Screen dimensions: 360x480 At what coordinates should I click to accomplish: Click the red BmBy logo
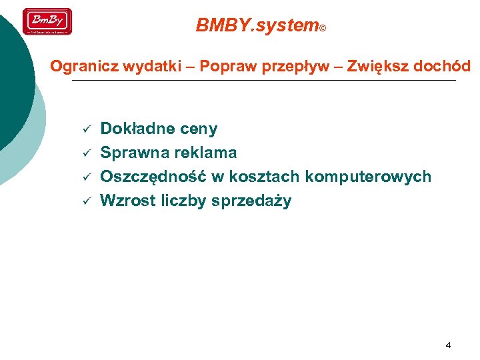pyautogui.click(x=47, y=21)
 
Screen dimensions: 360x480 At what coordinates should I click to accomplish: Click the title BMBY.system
pyautogui.click(x=257, y=25)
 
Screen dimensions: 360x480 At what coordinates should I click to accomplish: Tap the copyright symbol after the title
pyautogui.click(x=323, y=29)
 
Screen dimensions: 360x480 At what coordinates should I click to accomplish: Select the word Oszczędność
pyautogui.click(x=153, y=177)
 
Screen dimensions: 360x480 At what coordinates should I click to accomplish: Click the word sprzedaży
pyautogui.click(x=251, y=201)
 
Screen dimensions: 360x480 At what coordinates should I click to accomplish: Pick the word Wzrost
pyautogui.click(x=128, y=201)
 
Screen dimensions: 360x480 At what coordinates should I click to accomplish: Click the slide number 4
pyautogui.click(x=448, y=345)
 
